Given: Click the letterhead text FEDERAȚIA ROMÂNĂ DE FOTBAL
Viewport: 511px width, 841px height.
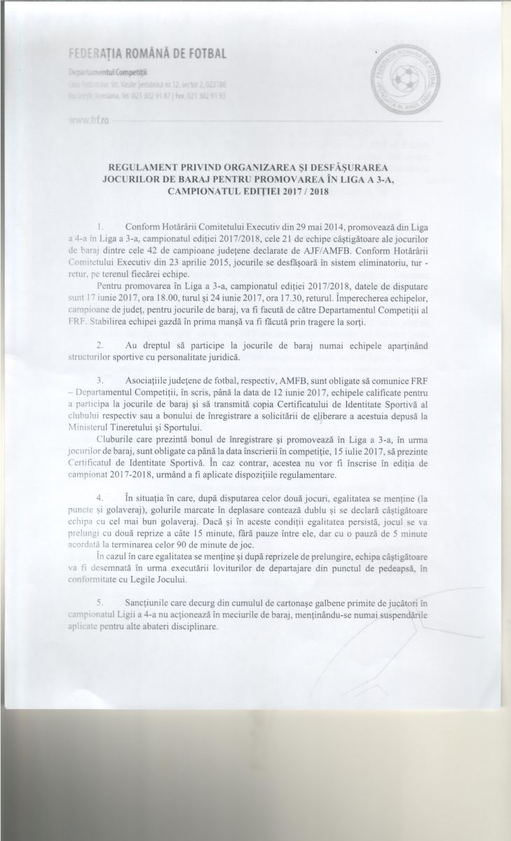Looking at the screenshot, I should coord(147,54).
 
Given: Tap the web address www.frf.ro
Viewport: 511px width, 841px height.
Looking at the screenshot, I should coord(88,121).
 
